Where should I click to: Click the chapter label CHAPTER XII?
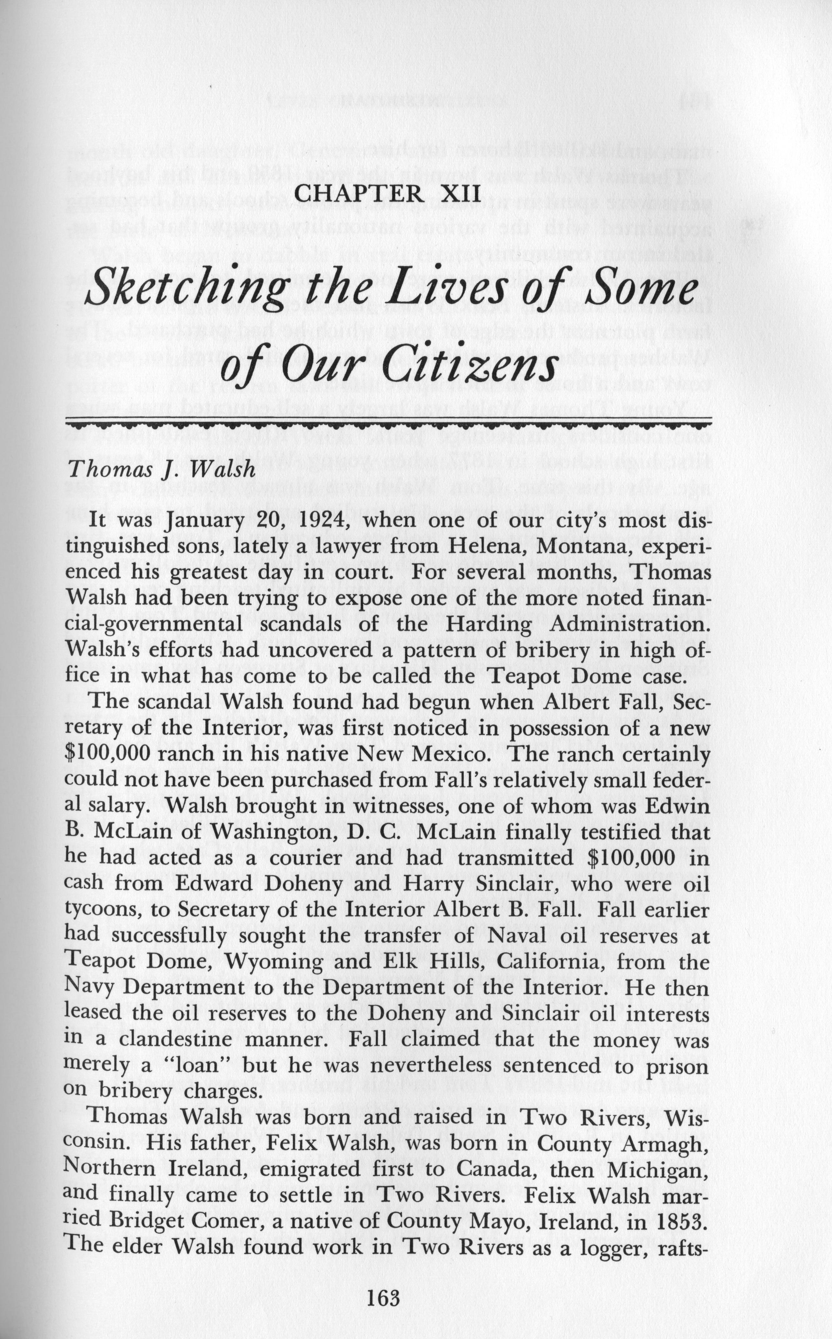(x=388, y=194)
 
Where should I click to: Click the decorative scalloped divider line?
(x=388, y=424)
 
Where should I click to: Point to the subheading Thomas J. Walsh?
(x=161, y=469)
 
